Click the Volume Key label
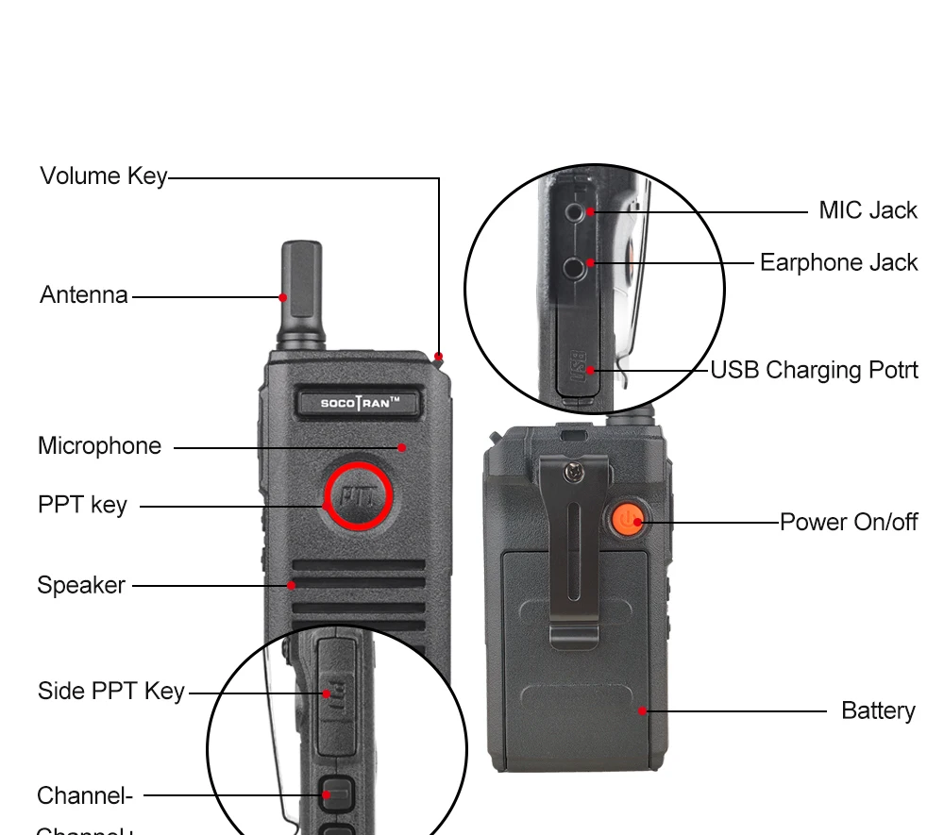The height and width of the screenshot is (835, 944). pos(103,176)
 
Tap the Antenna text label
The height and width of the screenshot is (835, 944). pos(83,295)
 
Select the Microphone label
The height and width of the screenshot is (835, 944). pos(99,446)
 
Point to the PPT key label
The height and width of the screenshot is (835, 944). pos(82,505)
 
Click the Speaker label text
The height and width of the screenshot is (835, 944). pos(81,585)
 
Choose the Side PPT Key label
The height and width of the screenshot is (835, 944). pos(111,692)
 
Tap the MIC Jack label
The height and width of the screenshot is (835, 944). pos(868,210)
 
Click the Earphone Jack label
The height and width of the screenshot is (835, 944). pos(838,262)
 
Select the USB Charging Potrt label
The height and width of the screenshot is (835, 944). pos(814,370)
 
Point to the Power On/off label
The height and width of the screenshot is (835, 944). pos(848,522)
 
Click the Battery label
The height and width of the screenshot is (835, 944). pos(878,710)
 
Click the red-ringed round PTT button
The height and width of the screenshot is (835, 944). pos(359,496)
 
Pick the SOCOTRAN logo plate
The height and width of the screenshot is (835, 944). pos(358,403)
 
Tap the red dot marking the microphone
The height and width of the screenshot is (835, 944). pos(402,447)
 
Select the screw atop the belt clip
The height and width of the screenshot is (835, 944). pos(573,467)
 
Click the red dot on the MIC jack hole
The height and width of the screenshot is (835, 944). pos(590,211)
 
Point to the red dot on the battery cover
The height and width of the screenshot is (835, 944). pos(642,710)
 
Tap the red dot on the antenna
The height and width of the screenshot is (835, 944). pos(282,297)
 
